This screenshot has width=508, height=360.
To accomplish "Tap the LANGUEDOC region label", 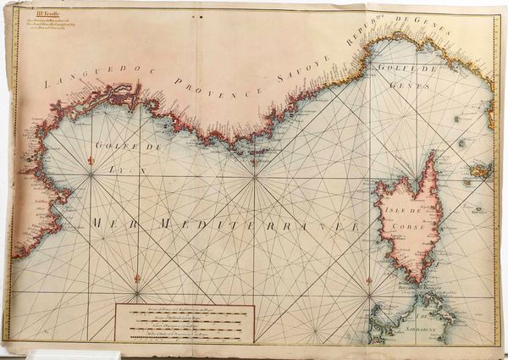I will coord(86,80).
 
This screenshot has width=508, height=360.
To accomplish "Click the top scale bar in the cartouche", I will coord(182,313).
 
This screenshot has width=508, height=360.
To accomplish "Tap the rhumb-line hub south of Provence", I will coord(252,178).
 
